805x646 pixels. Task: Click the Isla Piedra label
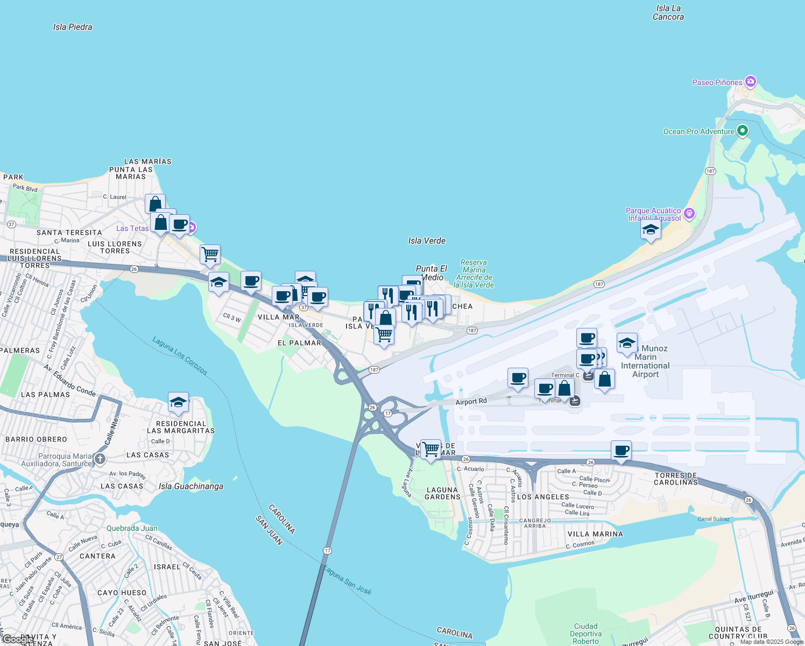pos(73,27)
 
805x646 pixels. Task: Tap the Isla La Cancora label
pos(668,12)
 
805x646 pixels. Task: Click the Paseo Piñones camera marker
pos(751,82)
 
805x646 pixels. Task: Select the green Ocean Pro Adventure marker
pos(743,131)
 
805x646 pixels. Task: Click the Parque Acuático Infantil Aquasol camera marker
pos(689,214)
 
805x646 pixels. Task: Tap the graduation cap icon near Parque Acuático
pos(651,230)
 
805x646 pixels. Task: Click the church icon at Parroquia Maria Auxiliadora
pos(100,459)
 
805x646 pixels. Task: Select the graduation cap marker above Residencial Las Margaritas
pos(178,402)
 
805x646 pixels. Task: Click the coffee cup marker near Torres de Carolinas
pos(621,450)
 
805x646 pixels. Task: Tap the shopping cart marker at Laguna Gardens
pos(430,448)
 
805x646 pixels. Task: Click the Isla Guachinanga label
pos(191,486)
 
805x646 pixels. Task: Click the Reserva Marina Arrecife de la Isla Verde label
pos(474,273)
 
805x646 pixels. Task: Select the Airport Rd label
pos(471,402)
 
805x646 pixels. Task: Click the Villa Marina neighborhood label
pos(595,534)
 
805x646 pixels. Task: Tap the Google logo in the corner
pos(17,639)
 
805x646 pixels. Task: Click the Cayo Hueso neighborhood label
pos(122,593)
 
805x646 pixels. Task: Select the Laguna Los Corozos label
pos(180,356)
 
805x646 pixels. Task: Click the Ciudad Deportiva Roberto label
pos(585,634)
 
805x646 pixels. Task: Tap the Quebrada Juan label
pos(132,528)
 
